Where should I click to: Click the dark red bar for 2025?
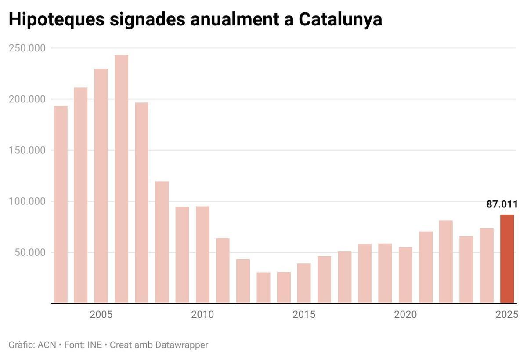507,259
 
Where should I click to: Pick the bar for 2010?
202,255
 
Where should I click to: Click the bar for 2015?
304,283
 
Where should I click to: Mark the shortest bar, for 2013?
263,288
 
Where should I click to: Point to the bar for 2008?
162,242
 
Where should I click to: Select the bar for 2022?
446,262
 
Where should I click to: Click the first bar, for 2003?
61,204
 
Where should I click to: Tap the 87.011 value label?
502,204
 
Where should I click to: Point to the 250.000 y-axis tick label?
27,48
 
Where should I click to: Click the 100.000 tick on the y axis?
27,201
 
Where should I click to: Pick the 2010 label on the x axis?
202,315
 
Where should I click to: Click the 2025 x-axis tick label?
507,315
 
